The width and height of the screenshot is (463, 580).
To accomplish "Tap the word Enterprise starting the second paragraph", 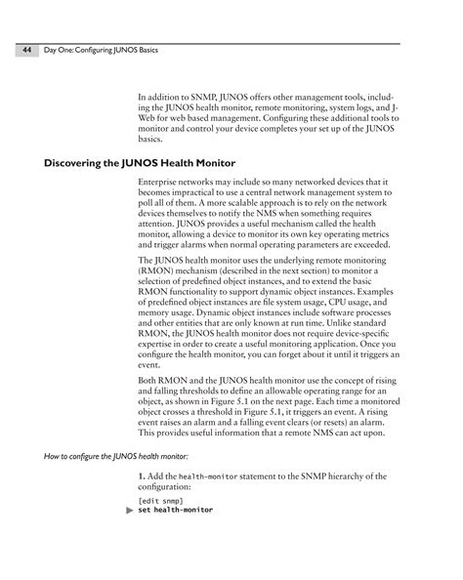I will pos(160,184).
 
